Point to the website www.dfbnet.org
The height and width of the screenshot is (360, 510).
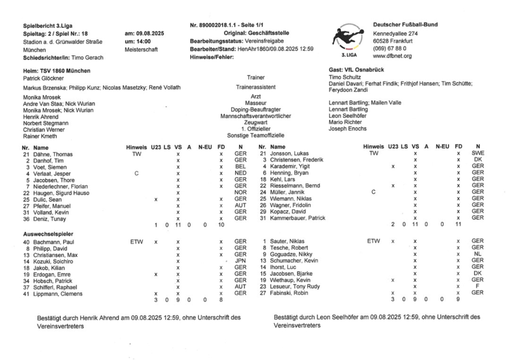click(392, 56)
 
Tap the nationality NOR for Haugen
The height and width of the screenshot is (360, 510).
click(240, 192)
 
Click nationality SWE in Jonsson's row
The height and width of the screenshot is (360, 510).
click(477, 154)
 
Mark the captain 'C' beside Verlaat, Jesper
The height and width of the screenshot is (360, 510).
click(136, 173)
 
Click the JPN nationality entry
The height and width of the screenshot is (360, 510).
click(240, 261)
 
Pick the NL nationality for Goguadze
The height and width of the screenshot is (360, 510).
click(477, 253)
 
